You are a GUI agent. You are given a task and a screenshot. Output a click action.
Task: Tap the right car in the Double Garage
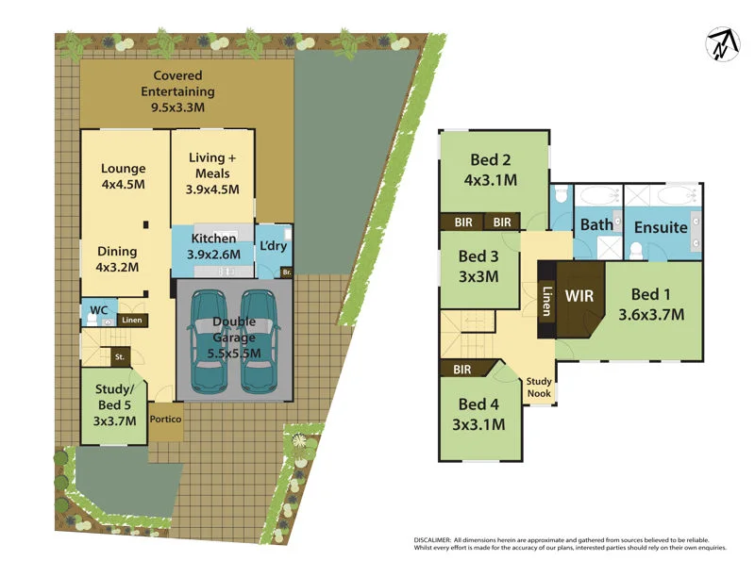coord(260,340)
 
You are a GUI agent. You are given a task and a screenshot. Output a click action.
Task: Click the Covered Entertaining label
coord(177,84)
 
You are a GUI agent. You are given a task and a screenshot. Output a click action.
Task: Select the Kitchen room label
coord(213,239)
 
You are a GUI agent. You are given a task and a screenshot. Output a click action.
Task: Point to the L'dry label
coord(273,245)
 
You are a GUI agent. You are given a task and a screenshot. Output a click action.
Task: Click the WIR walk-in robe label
coord(579,295)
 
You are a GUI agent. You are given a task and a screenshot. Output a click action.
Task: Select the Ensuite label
coord(661,228)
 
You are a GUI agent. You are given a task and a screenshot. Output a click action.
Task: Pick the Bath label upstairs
coord(596,224)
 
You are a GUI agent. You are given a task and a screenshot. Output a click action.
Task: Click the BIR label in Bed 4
coord(462,371)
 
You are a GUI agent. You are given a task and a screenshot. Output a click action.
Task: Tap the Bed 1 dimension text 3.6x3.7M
coord(651,315)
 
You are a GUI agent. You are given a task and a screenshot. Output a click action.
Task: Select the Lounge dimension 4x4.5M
coord(124,185)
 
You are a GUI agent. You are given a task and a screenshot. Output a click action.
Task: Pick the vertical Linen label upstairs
coord(545,300)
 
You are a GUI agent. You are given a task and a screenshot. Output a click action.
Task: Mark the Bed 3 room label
coord(479,256)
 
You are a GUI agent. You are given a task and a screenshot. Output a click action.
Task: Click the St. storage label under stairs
coord(120,357)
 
